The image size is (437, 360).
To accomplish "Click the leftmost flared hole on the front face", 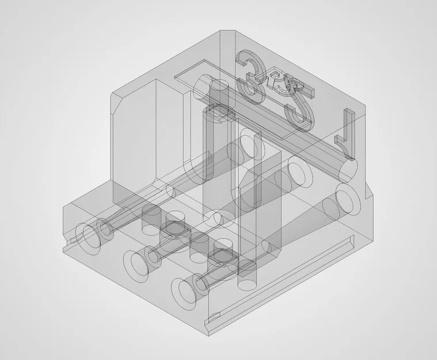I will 89,237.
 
